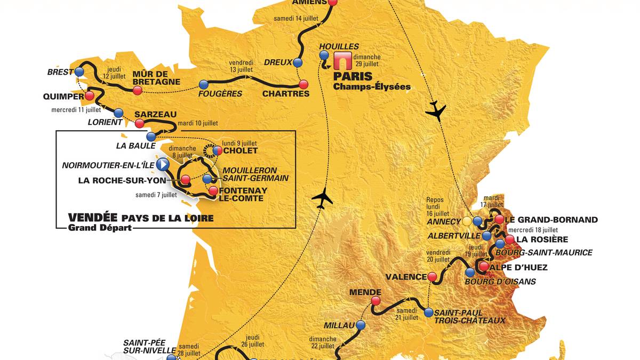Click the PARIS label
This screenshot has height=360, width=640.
coord(353,76)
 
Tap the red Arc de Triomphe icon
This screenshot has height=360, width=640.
coord(340,61)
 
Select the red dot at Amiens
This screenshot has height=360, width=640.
coord(333,2)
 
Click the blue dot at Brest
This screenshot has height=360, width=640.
coord(80,71)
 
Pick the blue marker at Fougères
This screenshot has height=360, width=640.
coord(203,84)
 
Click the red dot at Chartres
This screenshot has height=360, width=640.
coord(303,84)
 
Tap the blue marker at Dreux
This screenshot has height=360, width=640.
coord(298,62)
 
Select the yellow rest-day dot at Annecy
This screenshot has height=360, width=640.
coord(467,221)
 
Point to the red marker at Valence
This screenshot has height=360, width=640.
coord(432,277)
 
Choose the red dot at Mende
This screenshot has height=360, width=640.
coord(375,301)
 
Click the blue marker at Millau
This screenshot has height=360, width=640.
coord(361,325)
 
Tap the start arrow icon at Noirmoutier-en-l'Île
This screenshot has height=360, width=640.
coord(163,164)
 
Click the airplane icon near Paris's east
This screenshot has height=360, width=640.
coord(436,110)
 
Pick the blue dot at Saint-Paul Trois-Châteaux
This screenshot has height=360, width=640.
coord(429,313)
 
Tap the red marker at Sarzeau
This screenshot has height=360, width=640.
coord(140,124)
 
